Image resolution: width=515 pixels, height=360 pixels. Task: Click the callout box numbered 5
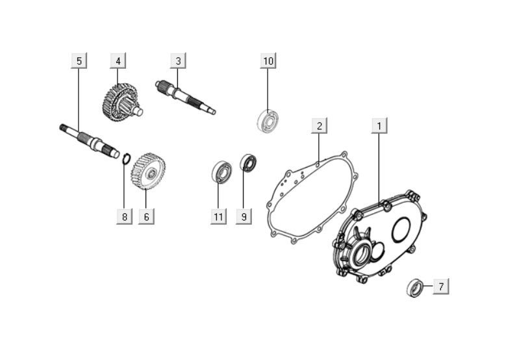79,61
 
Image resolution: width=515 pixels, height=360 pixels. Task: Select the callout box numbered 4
118,61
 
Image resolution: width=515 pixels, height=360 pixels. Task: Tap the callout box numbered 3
179,61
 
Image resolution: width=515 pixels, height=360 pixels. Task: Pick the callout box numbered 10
268,61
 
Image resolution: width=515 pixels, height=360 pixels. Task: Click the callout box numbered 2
319,125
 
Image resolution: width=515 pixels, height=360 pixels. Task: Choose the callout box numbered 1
381,125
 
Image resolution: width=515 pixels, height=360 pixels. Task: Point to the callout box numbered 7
440,286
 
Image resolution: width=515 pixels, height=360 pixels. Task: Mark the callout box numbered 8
124,216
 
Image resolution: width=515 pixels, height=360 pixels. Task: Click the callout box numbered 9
244,216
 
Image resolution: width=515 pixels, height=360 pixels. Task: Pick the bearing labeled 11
222,172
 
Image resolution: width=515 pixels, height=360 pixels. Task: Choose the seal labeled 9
248,163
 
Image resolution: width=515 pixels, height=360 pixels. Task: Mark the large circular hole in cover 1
400,228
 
